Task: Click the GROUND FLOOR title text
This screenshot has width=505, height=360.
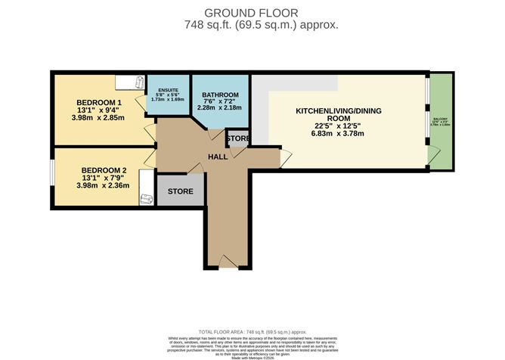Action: click(252, 12)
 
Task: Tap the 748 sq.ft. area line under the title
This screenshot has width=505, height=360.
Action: click(252, 24)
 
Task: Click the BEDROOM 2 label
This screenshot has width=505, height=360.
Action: click(102, 169)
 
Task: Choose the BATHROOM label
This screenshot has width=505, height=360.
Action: click(220, 95)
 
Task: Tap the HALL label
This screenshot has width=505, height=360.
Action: click(219, 157)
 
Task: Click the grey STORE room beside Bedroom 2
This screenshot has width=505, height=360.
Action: click(181, 191)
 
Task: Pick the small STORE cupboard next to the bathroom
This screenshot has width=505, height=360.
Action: click(237, 139)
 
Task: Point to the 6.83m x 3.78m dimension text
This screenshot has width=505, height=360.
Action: click(338, 134)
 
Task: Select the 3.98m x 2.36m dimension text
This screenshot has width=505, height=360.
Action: click(103, 185)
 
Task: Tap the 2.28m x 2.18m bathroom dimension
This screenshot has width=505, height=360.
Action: click(220, 107)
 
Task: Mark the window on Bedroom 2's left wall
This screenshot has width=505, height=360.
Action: click(52, 172)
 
